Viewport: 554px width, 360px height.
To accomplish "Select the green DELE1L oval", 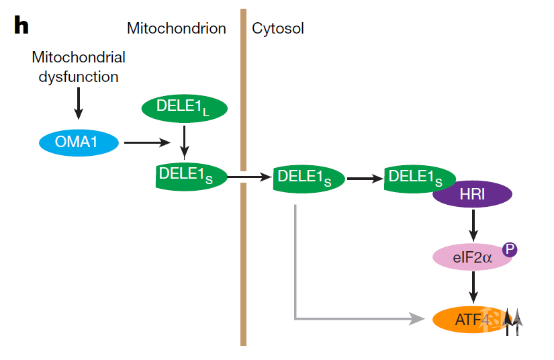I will click(185, 107).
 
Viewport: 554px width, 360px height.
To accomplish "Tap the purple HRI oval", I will click(473, 195).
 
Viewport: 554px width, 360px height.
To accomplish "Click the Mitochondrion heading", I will click(177, 28).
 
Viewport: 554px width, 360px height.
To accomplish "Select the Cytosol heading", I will click(278, 28).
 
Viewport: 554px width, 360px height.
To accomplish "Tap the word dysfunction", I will click(79, 77).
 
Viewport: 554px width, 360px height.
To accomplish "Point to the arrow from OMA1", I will click(147, 142).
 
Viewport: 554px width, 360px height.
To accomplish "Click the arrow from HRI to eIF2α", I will click(473, 225).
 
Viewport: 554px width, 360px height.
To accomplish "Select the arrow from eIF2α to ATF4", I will click(473, 287).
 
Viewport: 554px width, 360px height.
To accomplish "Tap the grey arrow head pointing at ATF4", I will click(420, 319).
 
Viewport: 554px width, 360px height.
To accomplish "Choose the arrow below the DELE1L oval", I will click(185, 140).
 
